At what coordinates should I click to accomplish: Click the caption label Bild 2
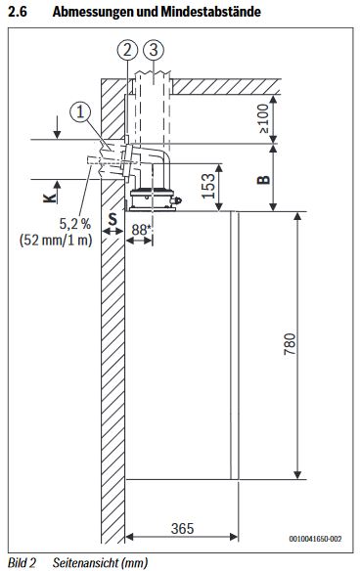(x=20, y=563)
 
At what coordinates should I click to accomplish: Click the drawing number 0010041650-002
(x=315, y=539)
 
